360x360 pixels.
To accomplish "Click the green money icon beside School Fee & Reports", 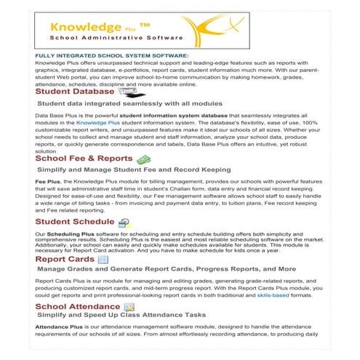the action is tap(144, 159).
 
